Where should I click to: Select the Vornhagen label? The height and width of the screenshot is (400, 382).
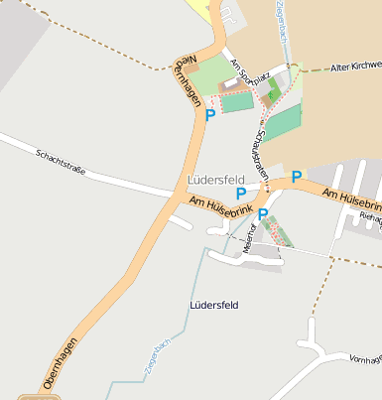365,357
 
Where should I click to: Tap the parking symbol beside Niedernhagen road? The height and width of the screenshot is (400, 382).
210,115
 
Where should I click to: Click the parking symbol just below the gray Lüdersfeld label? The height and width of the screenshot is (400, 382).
241,195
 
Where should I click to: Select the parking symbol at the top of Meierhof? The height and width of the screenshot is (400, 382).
263,213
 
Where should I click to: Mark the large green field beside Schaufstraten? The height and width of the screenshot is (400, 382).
284,124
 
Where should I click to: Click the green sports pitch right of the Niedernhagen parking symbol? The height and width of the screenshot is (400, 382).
238,101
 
